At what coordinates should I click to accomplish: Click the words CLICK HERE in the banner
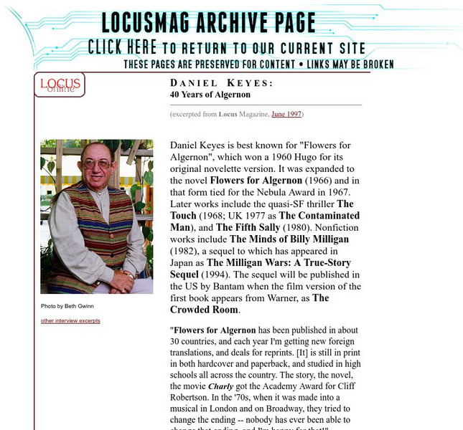click(x=122, y=47)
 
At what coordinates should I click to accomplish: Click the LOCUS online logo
click(x=59, y=85)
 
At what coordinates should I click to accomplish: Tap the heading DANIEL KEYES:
click(x=221, y=83)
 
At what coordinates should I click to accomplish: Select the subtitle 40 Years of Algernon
click(x=210, y=95)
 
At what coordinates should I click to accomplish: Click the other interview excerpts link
click(x=70, y=320)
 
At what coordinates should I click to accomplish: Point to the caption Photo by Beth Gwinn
click(x=67, y=306)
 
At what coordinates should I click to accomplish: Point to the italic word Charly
click(x=221, y=386)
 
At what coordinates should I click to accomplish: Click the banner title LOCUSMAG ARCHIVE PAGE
click(x=208, y=23)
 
